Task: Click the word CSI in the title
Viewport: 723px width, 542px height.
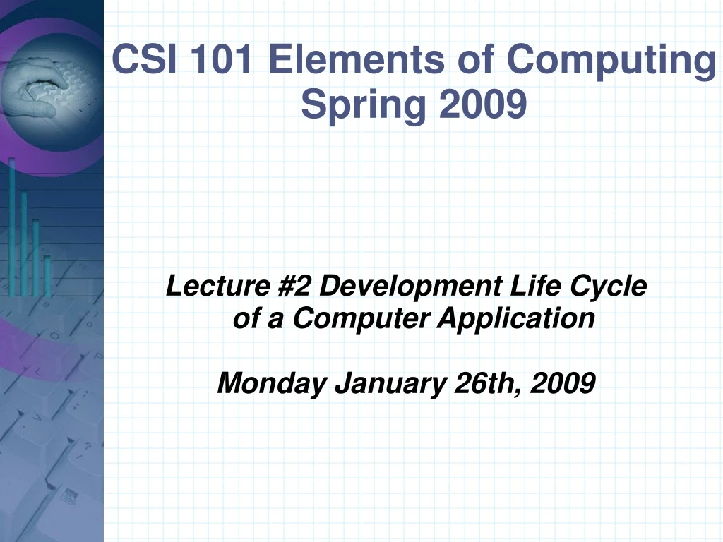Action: click(x=143, y=59)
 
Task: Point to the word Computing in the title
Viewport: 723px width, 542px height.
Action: click(x=611, y=61)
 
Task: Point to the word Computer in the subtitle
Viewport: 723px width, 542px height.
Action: click(x=361, y=319)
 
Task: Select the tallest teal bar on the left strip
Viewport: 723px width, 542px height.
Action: click(x=12, y=226)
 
